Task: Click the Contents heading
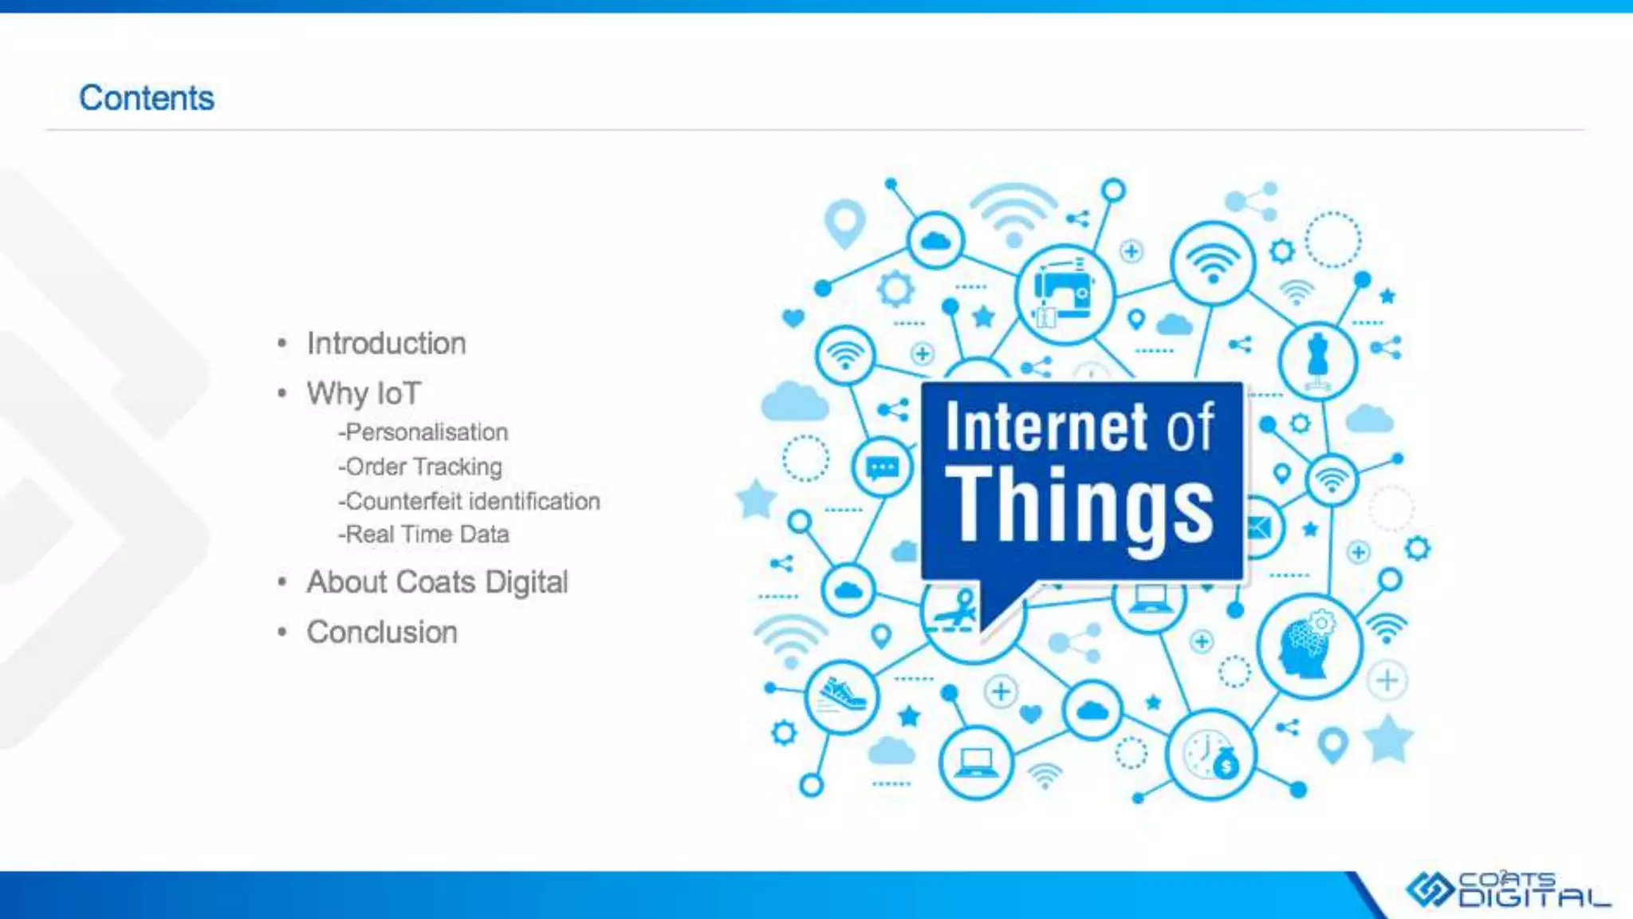click(147, 98)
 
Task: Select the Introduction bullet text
click(386, 344)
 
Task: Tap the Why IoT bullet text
click(364, 393)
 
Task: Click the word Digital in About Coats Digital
click(526, 582)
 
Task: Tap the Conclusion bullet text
click(382, 633)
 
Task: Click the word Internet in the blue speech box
click(1046, 427)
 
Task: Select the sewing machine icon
click(1063, 293)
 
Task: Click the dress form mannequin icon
click(1317, 361)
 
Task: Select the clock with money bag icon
click(1210, 755)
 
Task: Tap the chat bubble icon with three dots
click(882, 467)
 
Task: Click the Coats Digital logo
click(1507, 889)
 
